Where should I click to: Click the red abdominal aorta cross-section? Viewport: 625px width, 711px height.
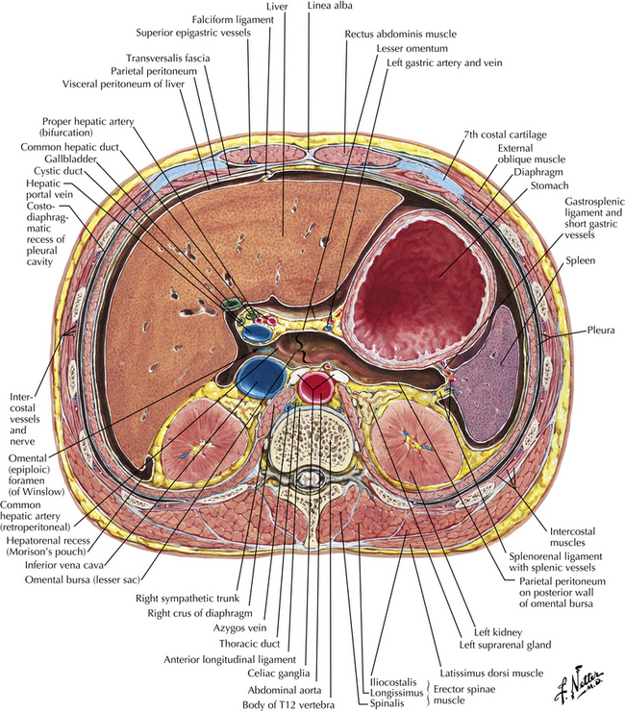(x=314, y=388)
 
